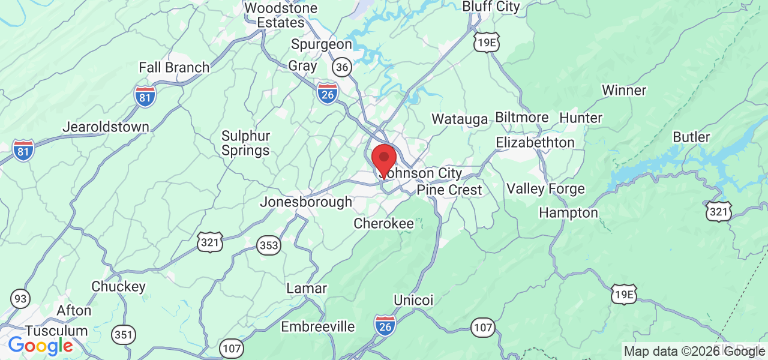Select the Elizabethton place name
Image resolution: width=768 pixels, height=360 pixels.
(535, 143)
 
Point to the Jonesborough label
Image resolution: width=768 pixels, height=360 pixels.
(305, 202)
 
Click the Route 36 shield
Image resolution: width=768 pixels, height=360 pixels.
(342, 67)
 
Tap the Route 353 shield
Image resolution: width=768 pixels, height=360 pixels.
(269, 245)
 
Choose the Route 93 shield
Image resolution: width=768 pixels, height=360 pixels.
(20, 298)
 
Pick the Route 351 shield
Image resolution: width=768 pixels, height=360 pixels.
(124, 334)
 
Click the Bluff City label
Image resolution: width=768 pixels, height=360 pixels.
(491, 6)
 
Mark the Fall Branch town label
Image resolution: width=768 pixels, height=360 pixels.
(174, 67)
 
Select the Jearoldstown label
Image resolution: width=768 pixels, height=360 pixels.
(106, 127)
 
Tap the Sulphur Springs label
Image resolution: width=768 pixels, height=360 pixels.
(245, 143)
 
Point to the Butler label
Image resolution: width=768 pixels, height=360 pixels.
(691, 137)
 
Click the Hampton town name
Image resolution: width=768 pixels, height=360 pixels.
(568, 213)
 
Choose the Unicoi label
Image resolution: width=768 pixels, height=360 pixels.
(413, 299)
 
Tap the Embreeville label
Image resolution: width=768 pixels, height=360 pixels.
(318, 327)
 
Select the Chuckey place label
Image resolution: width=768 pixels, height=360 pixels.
(118, 287)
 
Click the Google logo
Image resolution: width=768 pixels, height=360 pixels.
(40, 346)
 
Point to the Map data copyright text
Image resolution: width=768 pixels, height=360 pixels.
(694, 352)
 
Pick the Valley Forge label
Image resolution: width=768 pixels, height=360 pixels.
(545, 189)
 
